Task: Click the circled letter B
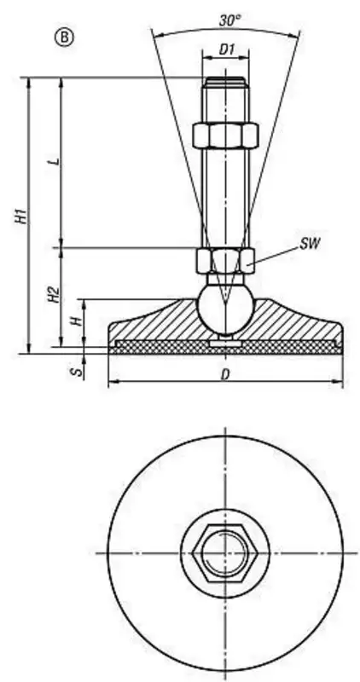pos(64,38)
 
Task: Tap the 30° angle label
pos(229,20)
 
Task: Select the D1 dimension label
pos(227,49)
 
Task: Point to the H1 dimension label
pos(20,217)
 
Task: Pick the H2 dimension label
pos(54,294)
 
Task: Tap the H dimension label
pos(77,321)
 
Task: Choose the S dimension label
pos(78,373)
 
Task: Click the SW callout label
pos(310,244)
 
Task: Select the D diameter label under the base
pos(225,374)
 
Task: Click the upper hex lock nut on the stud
pos(225,136)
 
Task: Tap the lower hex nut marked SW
pos(225,261)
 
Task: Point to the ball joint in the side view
pos(224,309)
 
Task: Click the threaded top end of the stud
pos(225,82)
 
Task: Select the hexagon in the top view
pos(225,552)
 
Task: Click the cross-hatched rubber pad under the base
pos(225,347)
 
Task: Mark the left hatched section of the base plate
pos(154,322)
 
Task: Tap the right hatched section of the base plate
pos(296,322)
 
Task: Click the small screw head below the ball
pos(225,343)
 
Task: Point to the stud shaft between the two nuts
pos(225,199)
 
